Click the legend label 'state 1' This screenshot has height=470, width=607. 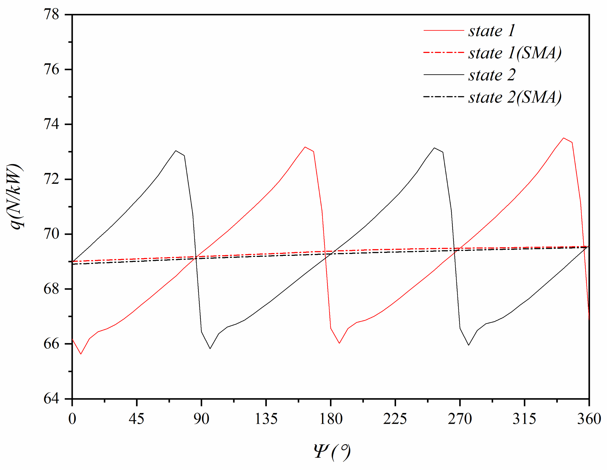(492, 31)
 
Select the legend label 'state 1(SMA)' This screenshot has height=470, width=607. (515, 53)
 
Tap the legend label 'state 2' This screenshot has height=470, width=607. (492, 75)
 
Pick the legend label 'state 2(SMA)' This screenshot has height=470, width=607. (515, 97)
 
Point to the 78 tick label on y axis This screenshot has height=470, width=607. (51, 15)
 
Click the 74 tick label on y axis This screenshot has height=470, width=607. (51, 124)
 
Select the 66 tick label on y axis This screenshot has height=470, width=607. (51, 344)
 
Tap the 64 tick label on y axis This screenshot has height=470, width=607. (51, 399)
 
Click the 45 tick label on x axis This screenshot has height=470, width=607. (137, 419)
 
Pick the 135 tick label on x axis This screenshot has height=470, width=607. (266, 419)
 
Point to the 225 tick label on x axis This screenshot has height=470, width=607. (395, 419)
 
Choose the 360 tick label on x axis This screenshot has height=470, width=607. (589, 419)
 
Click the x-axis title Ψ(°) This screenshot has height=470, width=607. (332, 452)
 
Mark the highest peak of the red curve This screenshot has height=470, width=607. (563, 138)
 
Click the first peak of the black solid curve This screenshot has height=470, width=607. (176, 151)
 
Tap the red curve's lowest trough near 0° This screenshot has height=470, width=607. (81, 354)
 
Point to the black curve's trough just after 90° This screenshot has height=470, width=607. (210, 349)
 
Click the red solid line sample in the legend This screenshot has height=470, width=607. (444, 30)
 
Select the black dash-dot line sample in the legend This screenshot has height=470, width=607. (444, 97)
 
